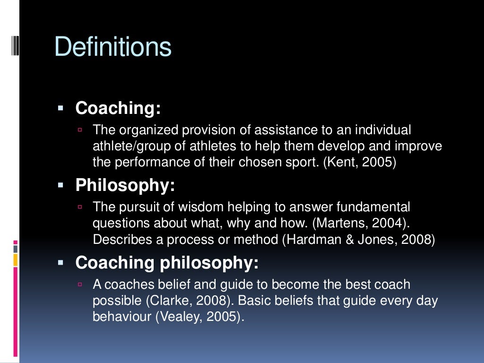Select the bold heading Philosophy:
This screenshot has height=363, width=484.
[125, 186]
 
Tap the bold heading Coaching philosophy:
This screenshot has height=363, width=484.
[167, 263]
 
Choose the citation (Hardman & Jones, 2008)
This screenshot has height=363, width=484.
[358, 240]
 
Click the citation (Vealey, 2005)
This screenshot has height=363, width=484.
[200, 317]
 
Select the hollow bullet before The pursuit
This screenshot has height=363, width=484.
[80, 207]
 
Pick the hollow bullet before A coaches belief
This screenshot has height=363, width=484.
[80, 285]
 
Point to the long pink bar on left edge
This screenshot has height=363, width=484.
[16, 312]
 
